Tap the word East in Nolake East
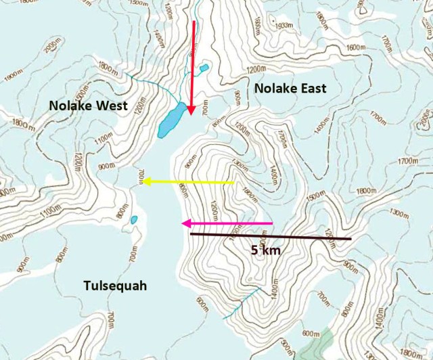pos(313,88)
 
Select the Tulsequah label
pos(116,286)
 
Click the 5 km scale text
pos(265,250)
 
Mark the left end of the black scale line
pos(191,233)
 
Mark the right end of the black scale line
pos(350,239)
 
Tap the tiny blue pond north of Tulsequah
pos(134,219)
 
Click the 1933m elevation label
pos(285,25)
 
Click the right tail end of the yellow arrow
pos(235,182)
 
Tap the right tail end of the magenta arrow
pos(273,223)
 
